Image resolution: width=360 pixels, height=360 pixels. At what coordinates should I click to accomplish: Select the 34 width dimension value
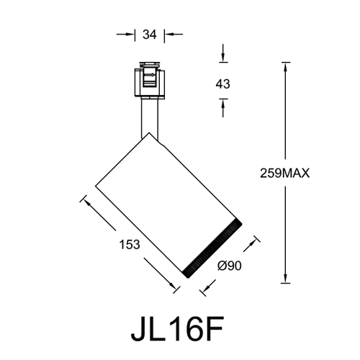[150, 33]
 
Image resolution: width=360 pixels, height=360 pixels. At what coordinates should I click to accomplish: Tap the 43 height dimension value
[222, 84]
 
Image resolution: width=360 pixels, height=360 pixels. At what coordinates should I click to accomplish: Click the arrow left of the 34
[130, 33]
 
